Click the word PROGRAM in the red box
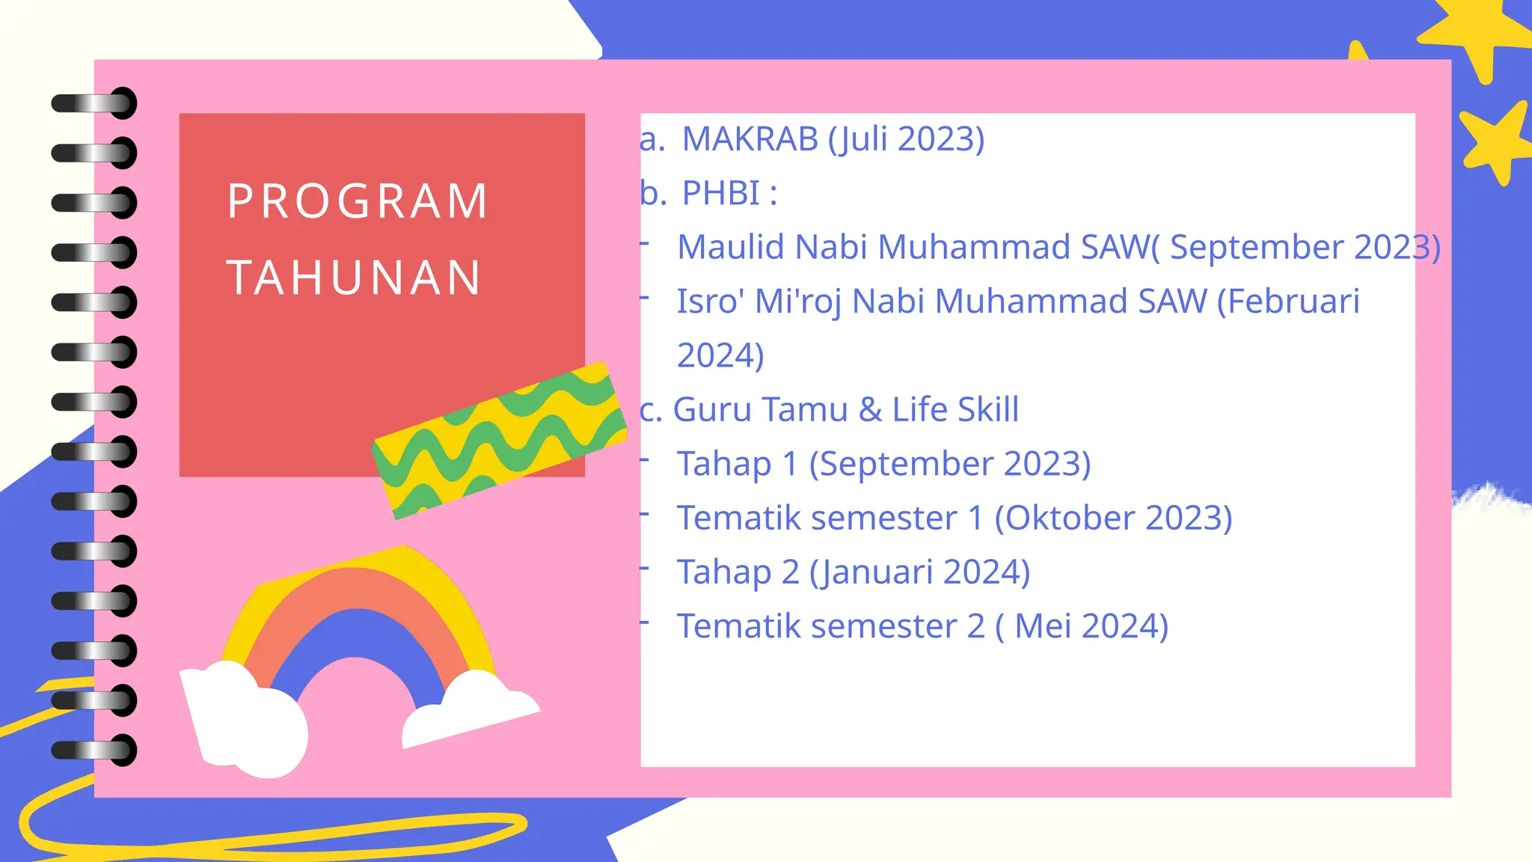click(x=358, y=201)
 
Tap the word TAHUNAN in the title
click(x=354, y=278)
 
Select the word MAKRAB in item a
click(x=750, y=139)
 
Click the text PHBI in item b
click(x=721, y=193)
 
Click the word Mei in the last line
click(x=1044, y=626)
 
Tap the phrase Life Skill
click(x=955, y=410)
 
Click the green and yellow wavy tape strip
click(x=500, y=440)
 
